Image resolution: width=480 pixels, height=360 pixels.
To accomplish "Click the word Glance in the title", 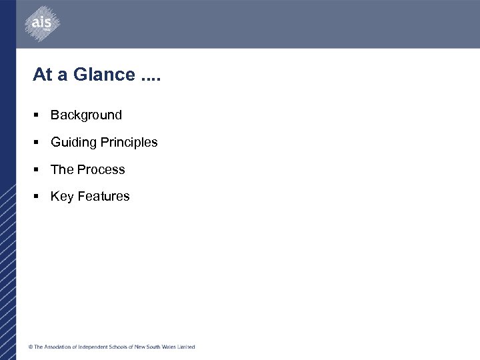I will point(104,75).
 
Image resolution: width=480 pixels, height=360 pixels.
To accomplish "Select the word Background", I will point(86,115).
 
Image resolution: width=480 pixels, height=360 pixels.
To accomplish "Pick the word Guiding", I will point(73,142).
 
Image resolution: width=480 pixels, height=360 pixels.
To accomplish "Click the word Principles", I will point(129,142).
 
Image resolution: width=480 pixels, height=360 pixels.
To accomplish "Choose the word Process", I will point(101,169).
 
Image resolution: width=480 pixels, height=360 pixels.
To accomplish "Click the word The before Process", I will point(62,169).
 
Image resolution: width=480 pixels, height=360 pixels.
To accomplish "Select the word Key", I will point(62,196).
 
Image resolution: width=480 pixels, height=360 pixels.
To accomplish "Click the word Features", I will point(104,196).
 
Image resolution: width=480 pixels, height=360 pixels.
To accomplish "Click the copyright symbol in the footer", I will point(30,347).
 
